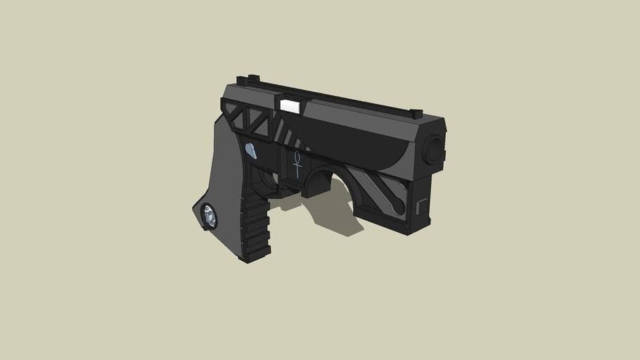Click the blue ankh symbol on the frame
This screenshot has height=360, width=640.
coord(297,163)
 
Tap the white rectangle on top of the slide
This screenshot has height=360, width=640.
coord(289,105)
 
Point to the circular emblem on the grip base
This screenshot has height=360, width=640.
coord(209,217)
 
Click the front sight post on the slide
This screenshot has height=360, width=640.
coord(416,113)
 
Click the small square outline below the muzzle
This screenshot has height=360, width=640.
coord(421,206)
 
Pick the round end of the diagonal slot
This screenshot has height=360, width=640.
coord(399,207)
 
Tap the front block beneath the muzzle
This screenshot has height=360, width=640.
coord(425,200)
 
